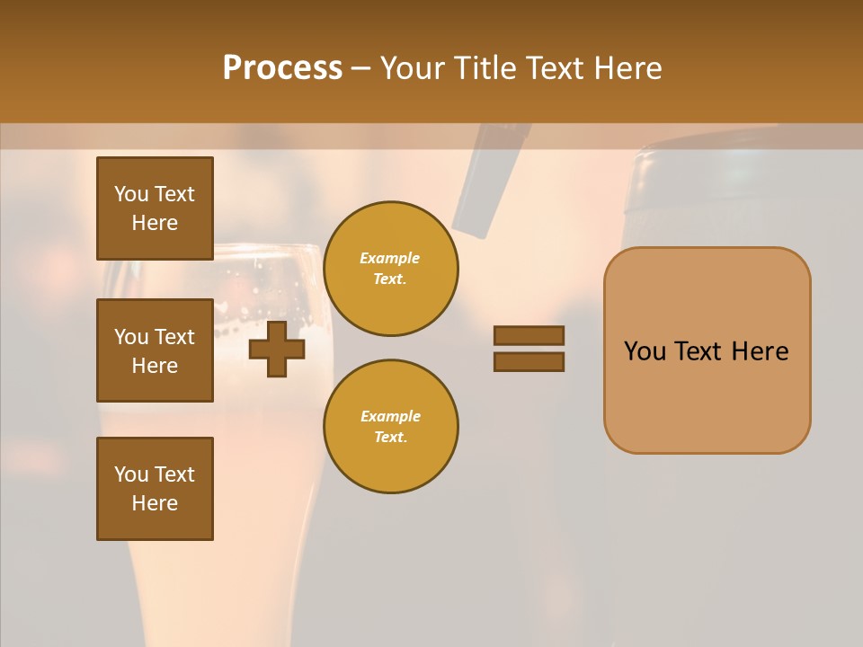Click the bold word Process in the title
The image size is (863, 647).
click(282, 68)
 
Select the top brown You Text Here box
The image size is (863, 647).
click(155, 208)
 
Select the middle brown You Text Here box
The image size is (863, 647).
click(155, 350)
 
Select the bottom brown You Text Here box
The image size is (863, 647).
click(155, 489)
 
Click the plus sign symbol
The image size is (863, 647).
click(277, 349)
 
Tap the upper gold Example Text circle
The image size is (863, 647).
click(390, 269)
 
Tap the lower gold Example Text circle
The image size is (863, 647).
click(390, 427)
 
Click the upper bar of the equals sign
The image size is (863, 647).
click(529, 335)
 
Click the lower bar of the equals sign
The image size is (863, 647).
click(529, 361)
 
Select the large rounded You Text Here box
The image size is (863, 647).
click(707, 350)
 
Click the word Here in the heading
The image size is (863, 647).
click(627, 68)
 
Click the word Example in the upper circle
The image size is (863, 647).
click(390, 258)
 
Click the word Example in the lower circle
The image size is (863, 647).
click(390, 416)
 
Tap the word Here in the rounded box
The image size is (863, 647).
click(760, 351)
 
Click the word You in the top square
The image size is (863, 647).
click(131, 194)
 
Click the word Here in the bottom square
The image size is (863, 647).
click(155, 503)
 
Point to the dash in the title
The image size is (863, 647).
click(360, 69)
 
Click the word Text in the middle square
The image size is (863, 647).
click(173, 337)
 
